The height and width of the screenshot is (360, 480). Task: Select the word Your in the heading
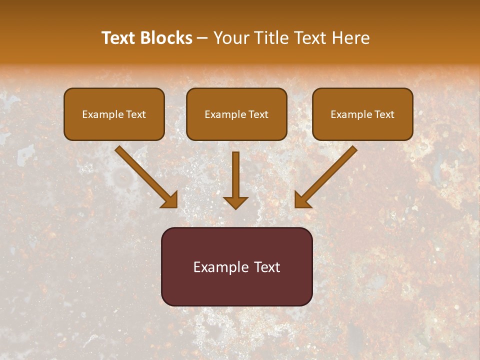click(228, 38)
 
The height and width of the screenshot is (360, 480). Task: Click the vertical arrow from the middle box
click(235, 172)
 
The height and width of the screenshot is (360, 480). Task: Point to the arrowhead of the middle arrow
click(235, 202)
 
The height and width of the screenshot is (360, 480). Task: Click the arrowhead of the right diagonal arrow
click(302, 200)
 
